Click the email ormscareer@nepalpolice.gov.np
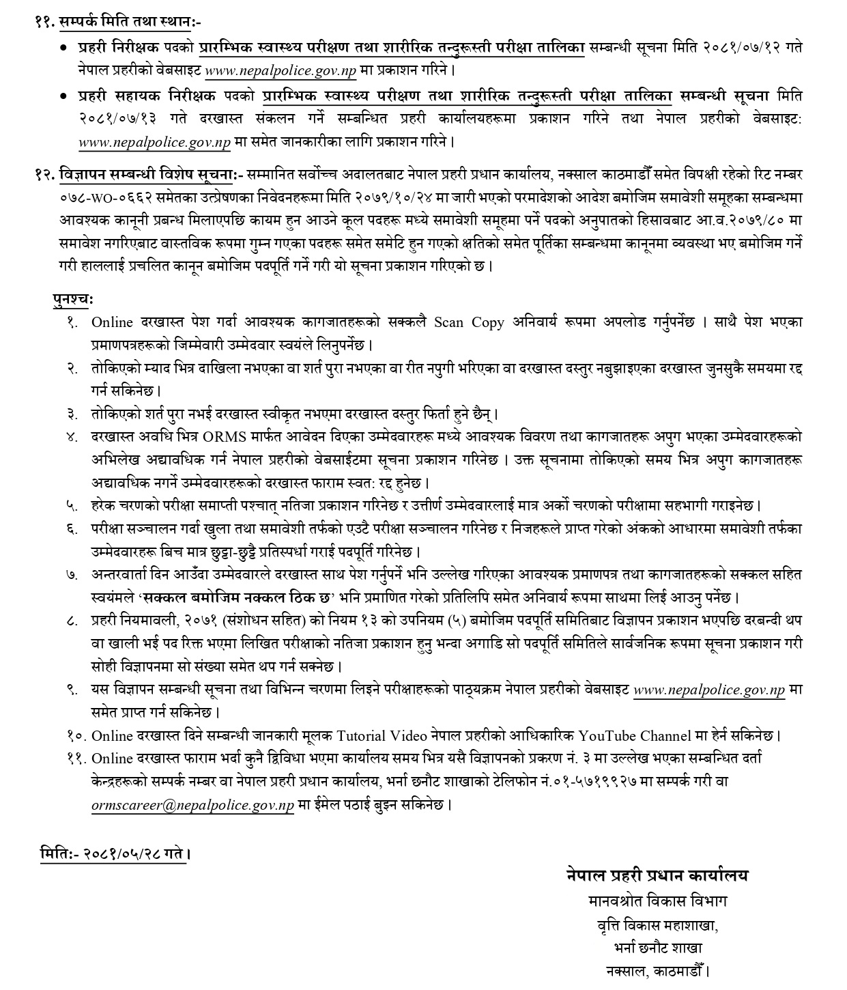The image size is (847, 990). [192, 805]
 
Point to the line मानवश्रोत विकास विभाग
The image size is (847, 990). [657, 901]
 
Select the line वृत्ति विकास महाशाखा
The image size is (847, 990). [657, 925]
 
